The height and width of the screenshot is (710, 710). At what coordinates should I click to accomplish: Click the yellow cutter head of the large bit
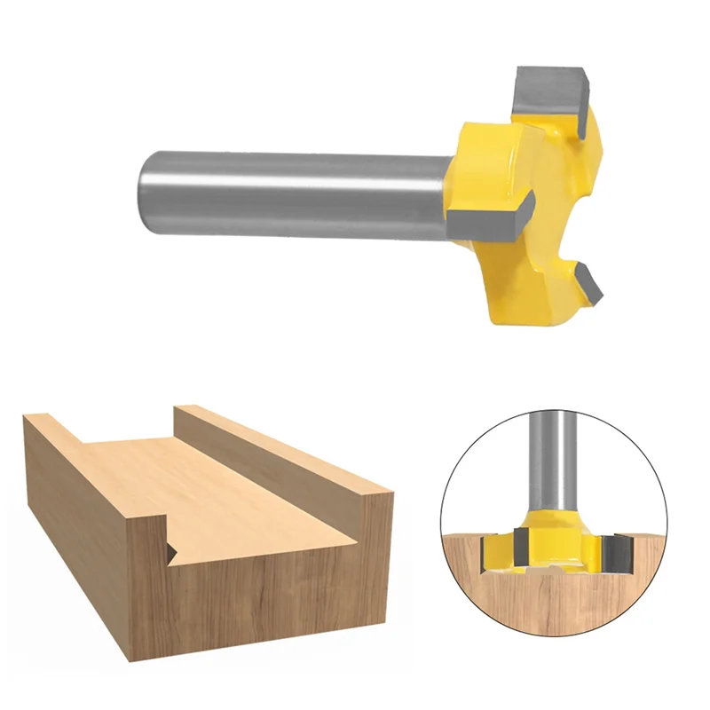[532, 222]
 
